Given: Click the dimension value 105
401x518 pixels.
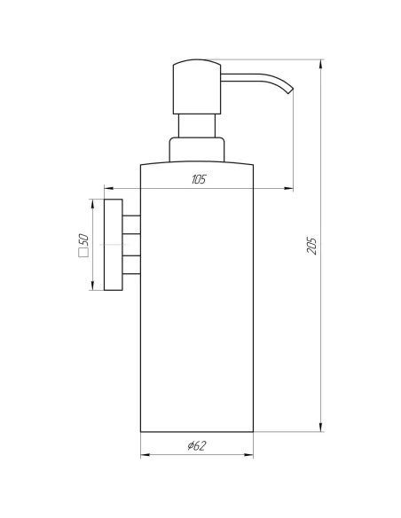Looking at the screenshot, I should pyautogui.click(x=198, y=180).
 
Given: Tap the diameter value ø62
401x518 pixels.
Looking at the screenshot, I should pyautogui.click(x=197, y=447).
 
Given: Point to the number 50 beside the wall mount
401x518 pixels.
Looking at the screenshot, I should pyautogui.click(x=83, y=241).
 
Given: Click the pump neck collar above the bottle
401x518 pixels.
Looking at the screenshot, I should pyautogui.click(x=197, y=149).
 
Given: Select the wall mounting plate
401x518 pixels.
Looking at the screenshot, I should pyautogui.click(x=111, y=244).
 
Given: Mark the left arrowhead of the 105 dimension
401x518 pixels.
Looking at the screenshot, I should pyautogui.click(x=108, y=188).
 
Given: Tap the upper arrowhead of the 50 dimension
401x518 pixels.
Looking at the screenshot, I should pyautogui.click(x=92, y=203).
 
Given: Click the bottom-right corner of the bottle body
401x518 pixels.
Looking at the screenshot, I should pyautogui.click(x=254, y=432).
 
